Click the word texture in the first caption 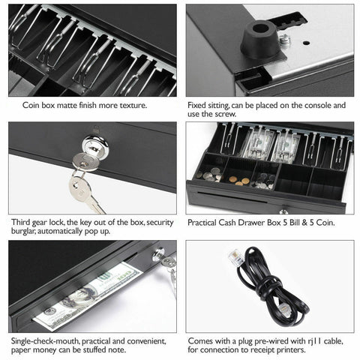coord(131,106)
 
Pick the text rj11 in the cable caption coord(300,341)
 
